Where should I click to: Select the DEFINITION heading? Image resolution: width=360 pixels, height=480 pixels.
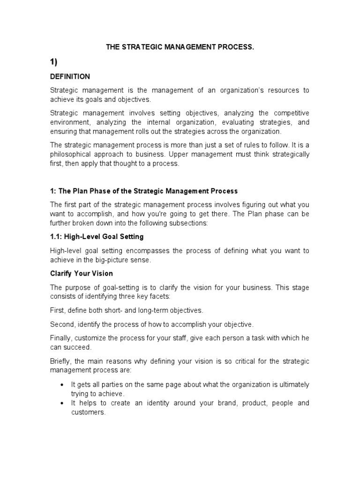pos(70,76)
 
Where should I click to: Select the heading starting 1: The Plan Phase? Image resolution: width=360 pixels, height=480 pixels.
pos(144,191)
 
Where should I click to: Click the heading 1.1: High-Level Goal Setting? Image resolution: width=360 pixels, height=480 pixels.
pos(97,237)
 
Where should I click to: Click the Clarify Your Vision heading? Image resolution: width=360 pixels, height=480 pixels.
pos(82,273)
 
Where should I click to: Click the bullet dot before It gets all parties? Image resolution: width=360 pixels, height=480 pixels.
pos(62,385)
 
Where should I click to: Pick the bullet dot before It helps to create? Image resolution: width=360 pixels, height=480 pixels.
pos(62,404)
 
